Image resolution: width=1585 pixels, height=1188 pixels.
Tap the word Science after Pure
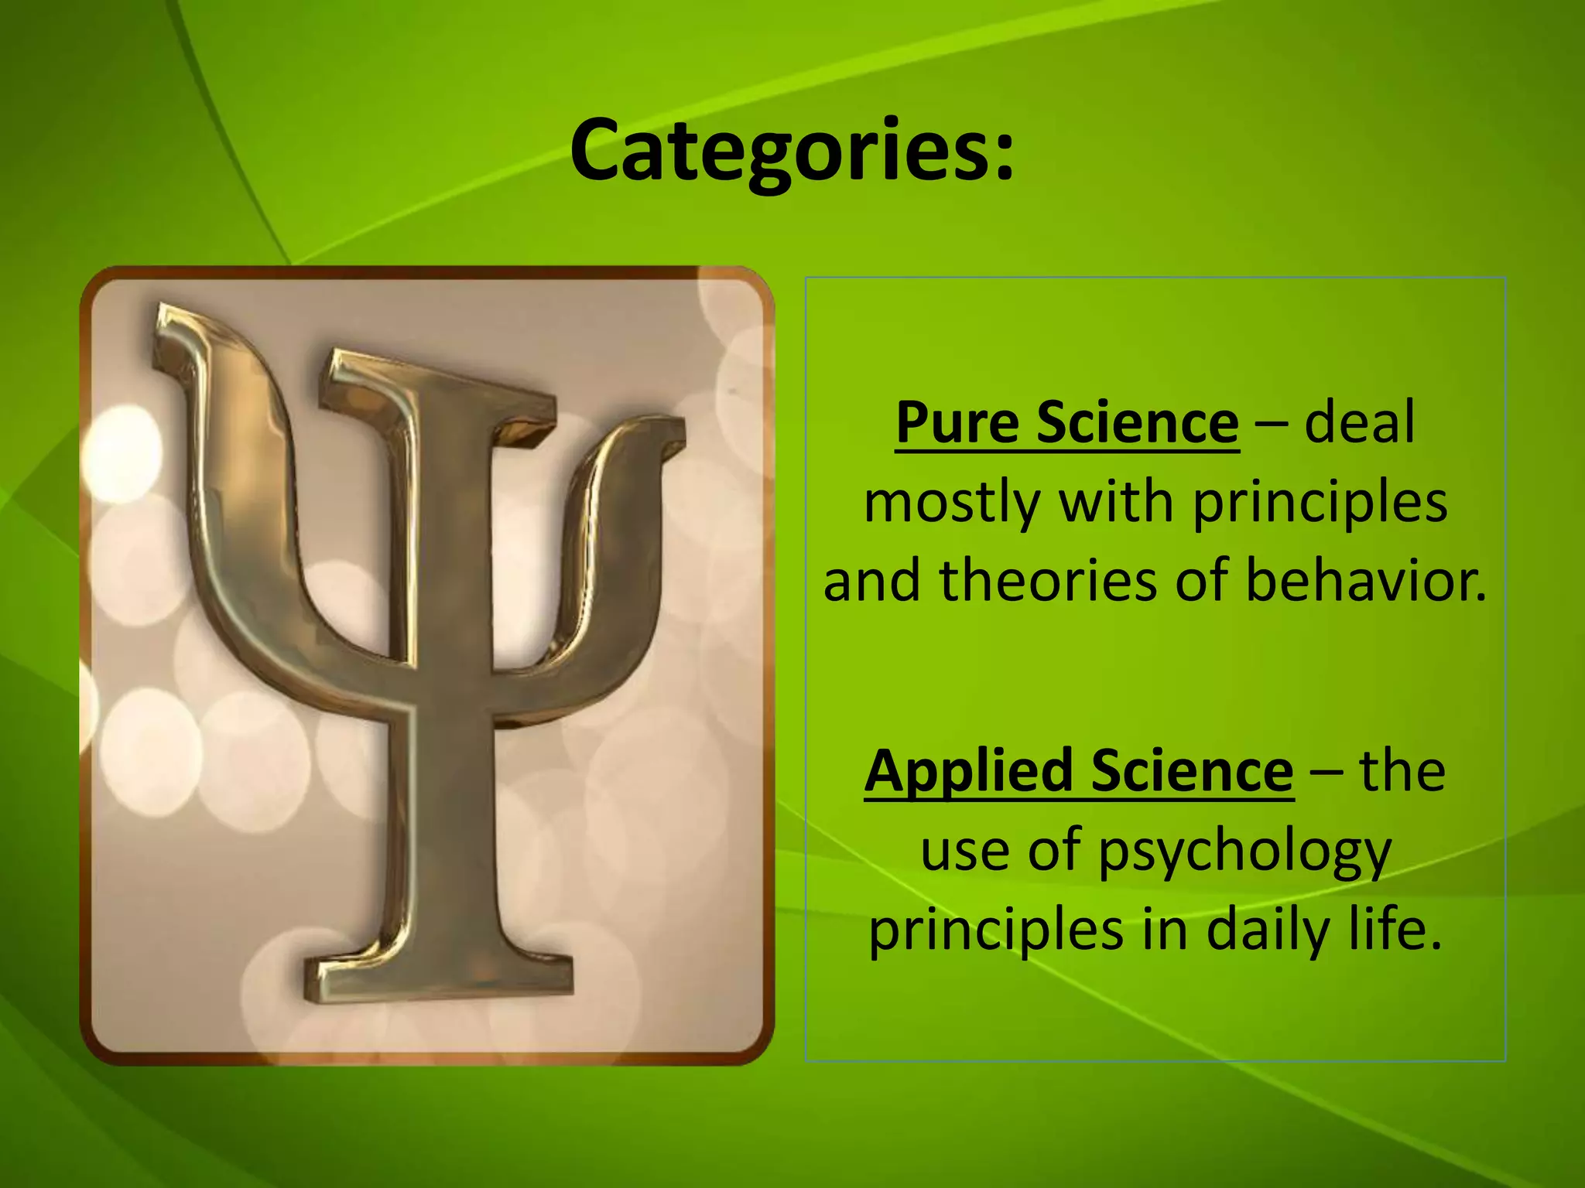[x=1137, y=422]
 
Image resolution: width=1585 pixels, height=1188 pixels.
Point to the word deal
[x=1359, y=422]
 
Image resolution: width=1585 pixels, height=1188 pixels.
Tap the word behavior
[x=1366, y=581]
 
